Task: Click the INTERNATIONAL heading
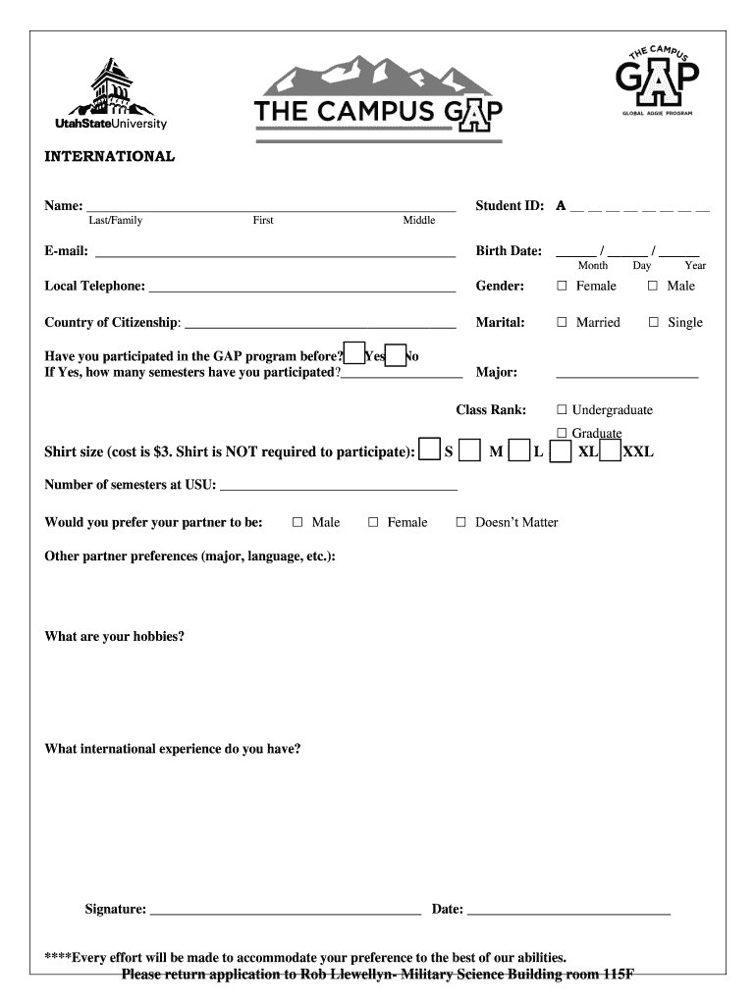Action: [x=110, y=156]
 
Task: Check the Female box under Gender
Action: [x=563, y=286]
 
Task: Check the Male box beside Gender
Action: [x=653, y=286]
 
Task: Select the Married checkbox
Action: [x=563, y=322]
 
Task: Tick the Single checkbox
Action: [x=654, y=322]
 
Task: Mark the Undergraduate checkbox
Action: [x=563, y=410]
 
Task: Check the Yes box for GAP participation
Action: [x=354, y=354]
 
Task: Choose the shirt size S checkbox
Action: [x=429, y=450]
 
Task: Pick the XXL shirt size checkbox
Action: [x=610, y=450]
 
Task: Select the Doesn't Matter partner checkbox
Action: [x=460, y=523]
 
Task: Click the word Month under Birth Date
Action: [x=593, y=266]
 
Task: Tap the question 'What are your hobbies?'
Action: [x=115, y=637]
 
